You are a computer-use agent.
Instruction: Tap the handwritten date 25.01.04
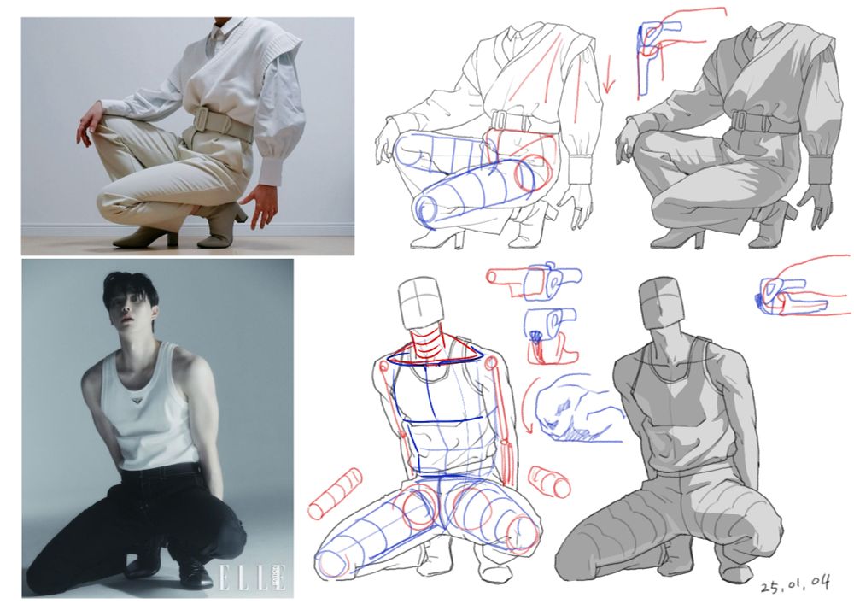pyautogui.click(x=796, y=585)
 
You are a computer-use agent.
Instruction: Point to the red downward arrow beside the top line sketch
pyautogui.click(x=609, y=73)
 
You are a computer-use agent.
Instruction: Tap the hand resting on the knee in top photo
pyautogui.click(x=89, y=122)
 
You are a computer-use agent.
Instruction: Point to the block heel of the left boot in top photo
pyautogui.click(x=173, y=238)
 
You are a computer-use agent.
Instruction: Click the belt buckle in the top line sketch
pyautogui.click(x=500, y=120)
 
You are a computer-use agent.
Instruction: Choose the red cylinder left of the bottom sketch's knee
pyautogui.click(x=335, y=494)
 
